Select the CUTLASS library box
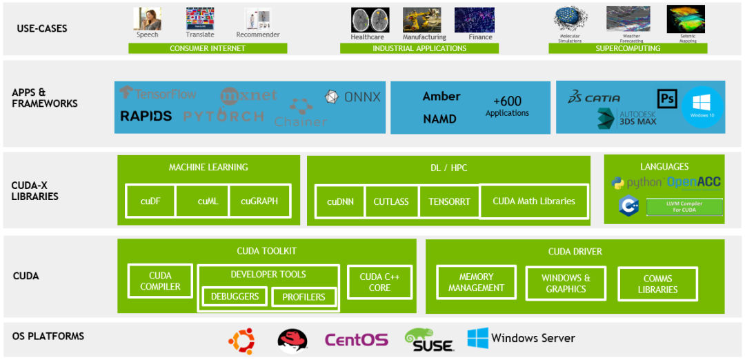click(x=391, y=201)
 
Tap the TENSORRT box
click(x=449, y=201)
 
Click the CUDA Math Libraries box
click(x=534, y=201)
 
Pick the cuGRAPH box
click(x=259, y=201)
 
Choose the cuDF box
click(x=150, y=201)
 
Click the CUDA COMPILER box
click(x=160, y=281)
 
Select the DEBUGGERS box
click(x=235, y=297)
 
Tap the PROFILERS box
click(x=304, y=297)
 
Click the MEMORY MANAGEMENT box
click(x=476, y=283)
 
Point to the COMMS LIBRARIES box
click(x=657, y=284)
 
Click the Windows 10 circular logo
click(x=702, y=107)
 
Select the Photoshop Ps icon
click(x=666, y=99)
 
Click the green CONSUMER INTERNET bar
click(x=208, y=49)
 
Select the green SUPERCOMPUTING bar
click(x=628, y=49)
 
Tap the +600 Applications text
click(x=507, y=106)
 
